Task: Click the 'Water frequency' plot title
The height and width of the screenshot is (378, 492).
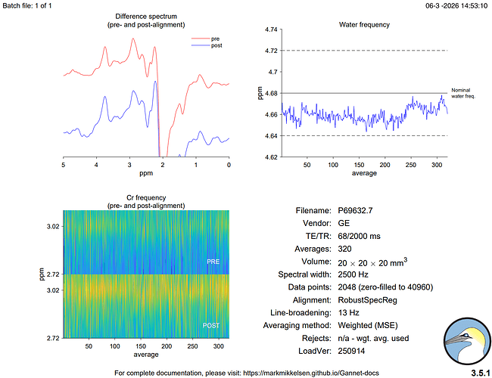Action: click(x=363, y=24)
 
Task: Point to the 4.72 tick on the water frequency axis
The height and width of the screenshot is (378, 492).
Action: click(x=269, y=51)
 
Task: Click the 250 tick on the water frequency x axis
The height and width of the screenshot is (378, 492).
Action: click(x=411, y=165)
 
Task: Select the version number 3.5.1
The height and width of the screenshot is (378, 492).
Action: click(x=479, y=373)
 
